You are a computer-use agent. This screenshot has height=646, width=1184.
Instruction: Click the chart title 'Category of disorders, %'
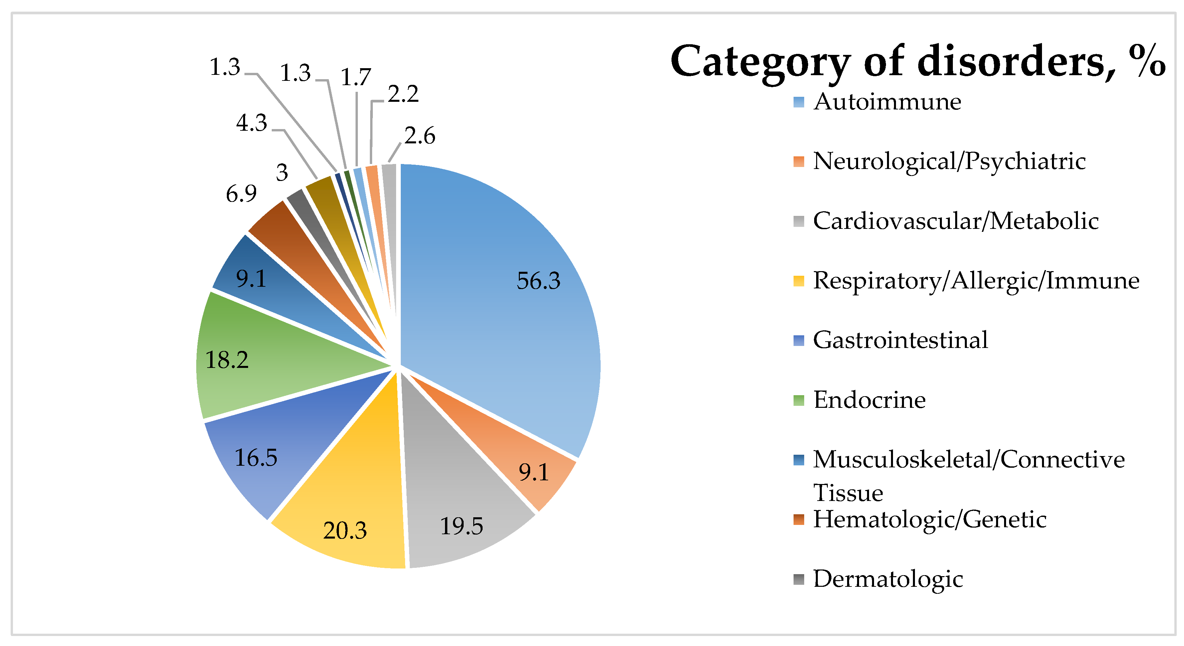(917, 62)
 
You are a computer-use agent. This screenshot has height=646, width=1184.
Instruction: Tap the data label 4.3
(251, 123)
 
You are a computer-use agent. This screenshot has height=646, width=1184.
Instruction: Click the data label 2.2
(403, 94)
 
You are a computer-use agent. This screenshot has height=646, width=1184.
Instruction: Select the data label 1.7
(355, 77)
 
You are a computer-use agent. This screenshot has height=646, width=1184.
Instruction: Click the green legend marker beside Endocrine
(799, 400)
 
